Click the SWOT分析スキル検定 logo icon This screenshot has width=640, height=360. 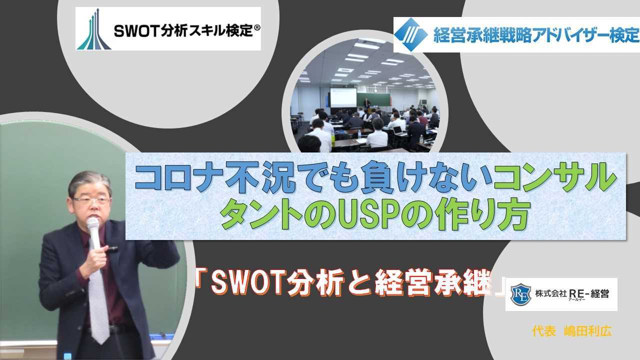(x=94, y=29)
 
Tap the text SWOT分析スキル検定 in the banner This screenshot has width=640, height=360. (x=182, y=31)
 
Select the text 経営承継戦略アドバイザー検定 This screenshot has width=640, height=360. (x=535, y=35)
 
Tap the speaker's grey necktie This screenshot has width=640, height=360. (x=98, y=300)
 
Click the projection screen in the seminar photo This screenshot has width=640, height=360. (x=343, y=97)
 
